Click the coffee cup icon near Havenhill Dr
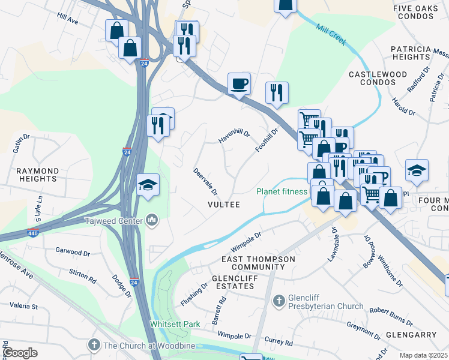coord(238,83)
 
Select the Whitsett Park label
coord(175,324)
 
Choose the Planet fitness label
coord(282,192)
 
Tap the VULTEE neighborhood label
coord(223,205)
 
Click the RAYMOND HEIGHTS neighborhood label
coord(37,175)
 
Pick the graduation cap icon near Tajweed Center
coord(147,184)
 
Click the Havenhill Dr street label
coord(234,137)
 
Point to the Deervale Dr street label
coord(205,180)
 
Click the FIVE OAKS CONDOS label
coord(421,12)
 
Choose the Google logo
coord(20,353)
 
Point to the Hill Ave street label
coord(68,20)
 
